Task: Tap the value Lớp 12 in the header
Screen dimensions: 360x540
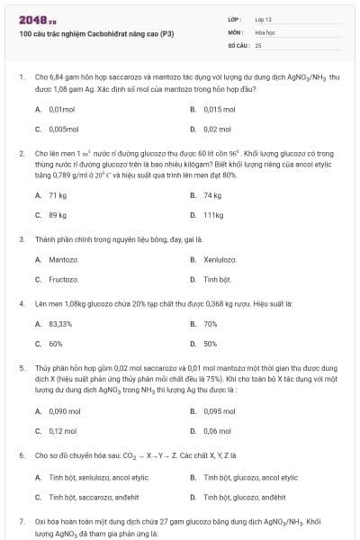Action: pyautogui.click(x=263, y=19)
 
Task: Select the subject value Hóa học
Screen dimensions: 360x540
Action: pyautogui.click(x=265, y=31)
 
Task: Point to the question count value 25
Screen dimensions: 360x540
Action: pyautogui.click(x=258, y=44)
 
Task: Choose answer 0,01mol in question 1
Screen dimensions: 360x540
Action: pyautogui.click(x=62, y=109)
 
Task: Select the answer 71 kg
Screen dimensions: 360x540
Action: pyautogui.click(x=58, y=195)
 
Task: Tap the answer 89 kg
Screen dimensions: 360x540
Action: pyautogui.click(x=58, y=215)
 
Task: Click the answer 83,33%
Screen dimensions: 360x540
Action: pyautogui.click(x=60, y=323)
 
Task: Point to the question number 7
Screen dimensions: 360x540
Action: pyautogui.click(x=21, y=521)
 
